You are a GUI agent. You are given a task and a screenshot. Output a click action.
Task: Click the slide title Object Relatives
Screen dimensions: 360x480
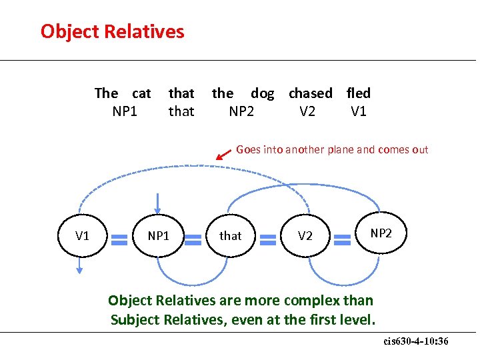(x=112, y=31)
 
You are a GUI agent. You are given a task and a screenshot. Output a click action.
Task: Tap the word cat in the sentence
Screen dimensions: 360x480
(x=141, y=93)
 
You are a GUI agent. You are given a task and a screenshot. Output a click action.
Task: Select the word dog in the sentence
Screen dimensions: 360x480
(x=262, y=93)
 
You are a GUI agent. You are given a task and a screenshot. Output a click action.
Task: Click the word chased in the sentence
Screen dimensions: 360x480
(x=310, y=93)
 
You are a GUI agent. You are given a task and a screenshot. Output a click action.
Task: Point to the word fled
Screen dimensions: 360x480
(x=359, y=93)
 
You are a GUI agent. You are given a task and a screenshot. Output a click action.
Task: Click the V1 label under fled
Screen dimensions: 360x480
(x=359, y=111)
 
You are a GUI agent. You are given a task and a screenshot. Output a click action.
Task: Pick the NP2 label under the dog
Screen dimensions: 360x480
(x=241, y=111)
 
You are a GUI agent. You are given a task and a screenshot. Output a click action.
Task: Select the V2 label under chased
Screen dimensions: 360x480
(x=307, y=111)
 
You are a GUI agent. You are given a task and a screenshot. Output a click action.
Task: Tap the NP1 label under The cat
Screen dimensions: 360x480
(x=125, y=111)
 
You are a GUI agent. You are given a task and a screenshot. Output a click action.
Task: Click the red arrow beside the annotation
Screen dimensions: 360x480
(x=223, y=155)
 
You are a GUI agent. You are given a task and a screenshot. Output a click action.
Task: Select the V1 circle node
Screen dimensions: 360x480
(x=82, y=235)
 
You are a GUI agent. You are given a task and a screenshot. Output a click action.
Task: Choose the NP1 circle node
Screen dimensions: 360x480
(x=158, y=235)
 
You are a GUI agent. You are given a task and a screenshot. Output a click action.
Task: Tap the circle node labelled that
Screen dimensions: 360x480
(x=231, y=235)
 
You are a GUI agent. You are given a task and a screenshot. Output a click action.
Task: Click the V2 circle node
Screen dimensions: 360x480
(x=305, y=235)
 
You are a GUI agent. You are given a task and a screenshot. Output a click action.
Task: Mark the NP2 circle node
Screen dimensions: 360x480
(x=381, y=233)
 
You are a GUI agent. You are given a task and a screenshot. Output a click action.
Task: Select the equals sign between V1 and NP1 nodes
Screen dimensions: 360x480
(x=120, y=236)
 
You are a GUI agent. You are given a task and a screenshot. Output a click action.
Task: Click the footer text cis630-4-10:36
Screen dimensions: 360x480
(x=416, y=341)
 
